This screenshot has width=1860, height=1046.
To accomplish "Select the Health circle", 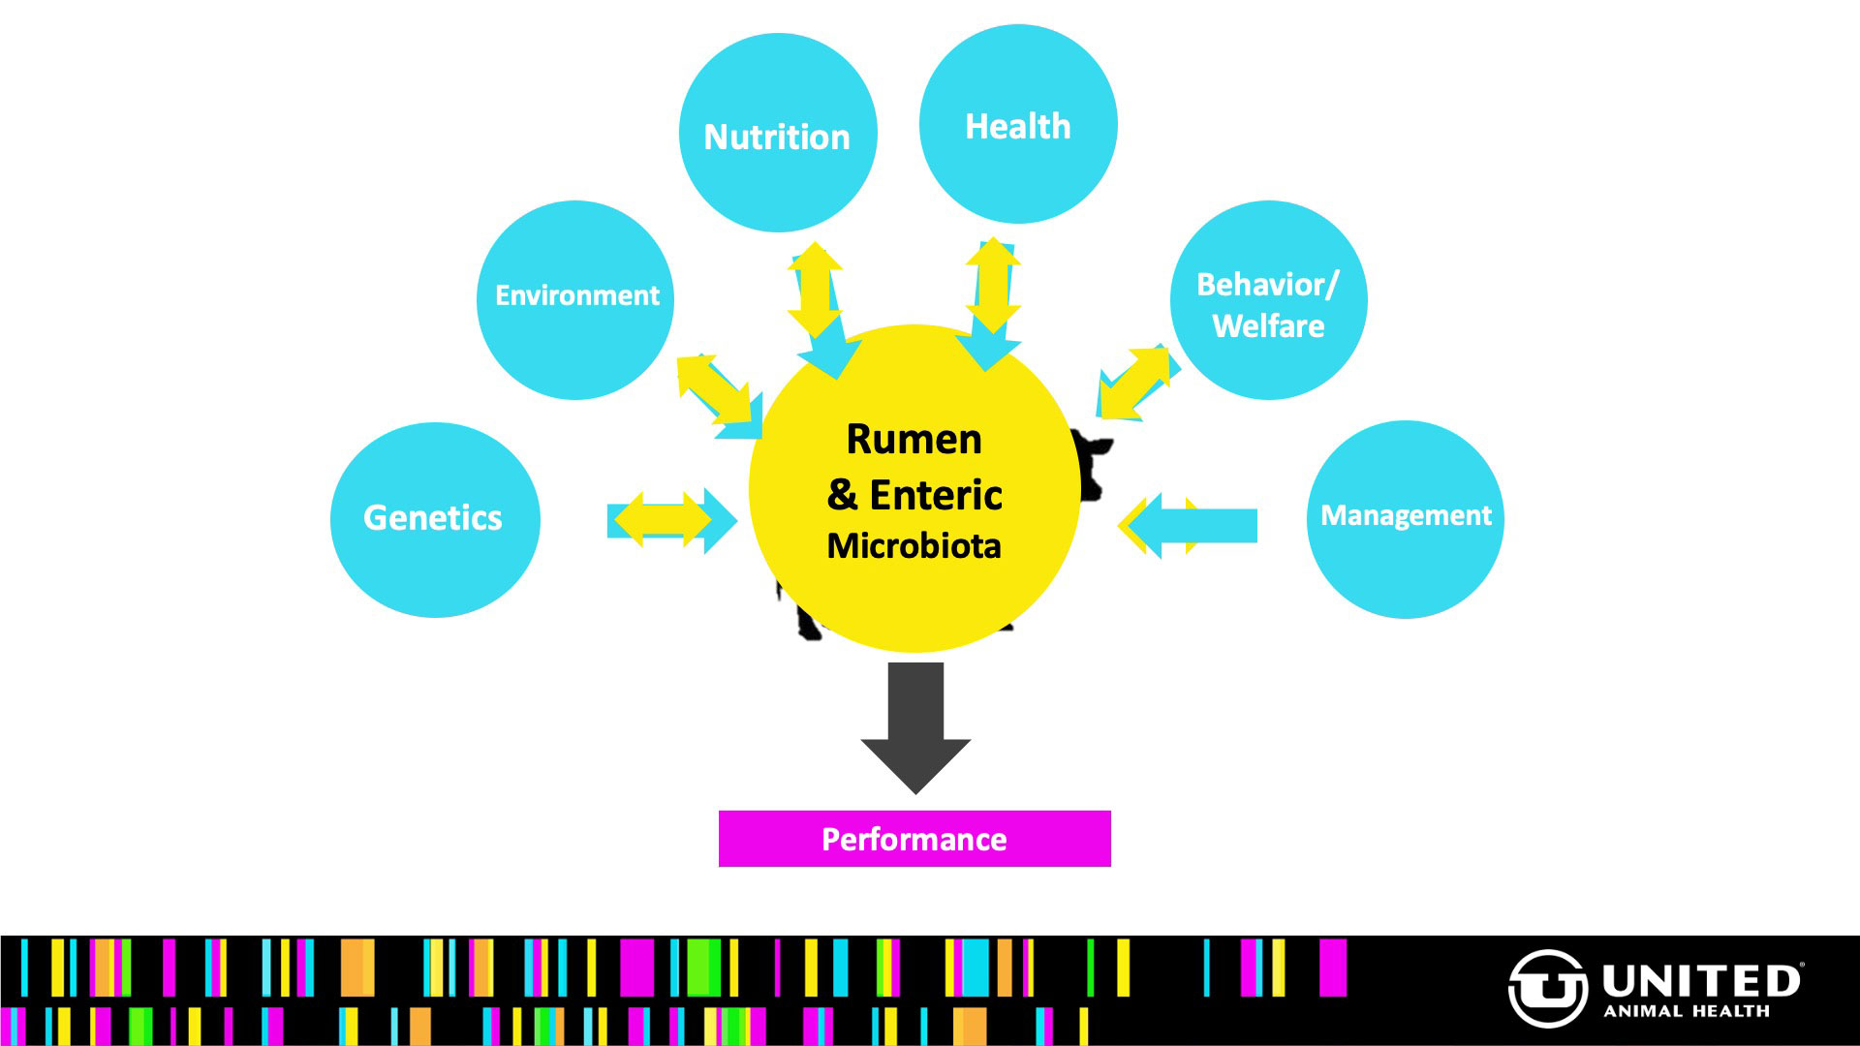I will point(1017,125).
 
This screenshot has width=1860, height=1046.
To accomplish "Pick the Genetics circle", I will point(434,519).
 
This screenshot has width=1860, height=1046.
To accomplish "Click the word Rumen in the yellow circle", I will point(914,440).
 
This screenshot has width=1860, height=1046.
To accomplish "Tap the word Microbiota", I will point(914,546).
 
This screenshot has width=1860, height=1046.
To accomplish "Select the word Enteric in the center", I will point(936,495).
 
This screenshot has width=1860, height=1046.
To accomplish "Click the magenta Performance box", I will point(914,839).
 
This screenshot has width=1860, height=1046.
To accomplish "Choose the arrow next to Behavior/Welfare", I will point(1135,382).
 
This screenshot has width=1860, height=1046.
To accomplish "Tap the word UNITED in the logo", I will point(1701,981).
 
